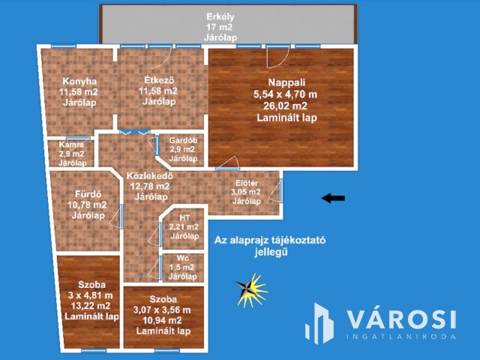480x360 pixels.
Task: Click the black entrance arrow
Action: pyautogui.click(x=333, y=198)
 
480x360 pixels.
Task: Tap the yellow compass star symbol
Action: pyautogui.click(x=252, y=290)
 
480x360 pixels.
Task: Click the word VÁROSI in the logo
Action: pyautogui.click(x=401, y=319)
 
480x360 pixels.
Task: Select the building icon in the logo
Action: pyautogui.click(x=319, y=323)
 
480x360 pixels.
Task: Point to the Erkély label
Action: pyautogui.click(x=220, y=16)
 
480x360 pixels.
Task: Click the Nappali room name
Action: pyautogui.click(x=286, y=82)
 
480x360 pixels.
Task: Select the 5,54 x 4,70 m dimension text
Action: pyautogui.click(x=285, y=94)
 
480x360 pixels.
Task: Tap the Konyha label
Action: pyautogui.click(x=79, y=81)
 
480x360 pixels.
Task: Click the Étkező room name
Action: pyautogui.click(x=159, y=80)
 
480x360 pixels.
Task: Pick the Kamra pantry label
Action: pyautogui.click(x=71, y=145)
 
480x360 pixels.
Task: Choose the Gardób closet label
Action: pyautogui.click(x=183, y=140)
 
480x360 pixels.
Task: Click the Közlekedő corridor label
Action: pyautogui.click(x=150, y=176)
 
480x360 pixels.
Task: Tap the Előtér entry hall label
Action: pyautogui.click(x=247, y=183)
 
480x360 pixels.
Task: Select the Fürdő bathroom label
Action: pyautogui.click(x=88, y=194)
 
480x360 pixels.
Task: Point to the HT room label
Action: pyautogui.click(x=184, y=218)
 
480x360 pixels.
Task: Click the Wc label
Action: pyautogui.click(x=182, y=258)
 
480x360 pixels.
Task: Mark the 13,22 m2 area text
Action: pyautogui.click(x=91, y=306)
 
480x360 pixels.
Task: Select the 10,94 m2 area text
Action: pyautogui.click(x=162, y=320)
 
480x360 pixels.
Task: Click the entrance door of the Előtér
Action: pyautogui.click(x=280, y=191)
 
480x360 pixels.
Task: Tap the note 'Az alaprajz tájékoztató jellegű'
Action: pyautogui.click(x=270, y=246)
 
